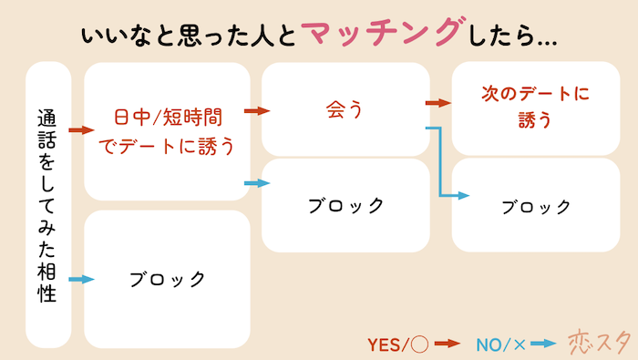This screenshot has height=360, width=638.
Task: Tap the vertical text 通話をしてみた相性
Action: pyautogui.click(x=48, y=205)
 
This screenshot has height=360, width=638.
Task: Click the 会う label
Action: pyautogui.click(x=345, y=110)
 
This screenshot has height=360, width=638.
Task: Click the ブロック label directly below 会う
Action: pyautogui.click(x=345, y=204)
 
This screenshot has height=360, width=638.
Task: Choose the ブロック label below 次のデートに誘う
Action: pyautogui.click(x=536, y=206)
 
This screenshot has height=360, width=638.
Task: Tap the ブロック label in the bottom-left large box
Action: pyautogui.click(x=167, y=278)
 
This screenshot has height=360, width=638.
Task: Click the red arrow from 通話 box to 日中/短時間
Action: pyautogui.click(x=82, y=131)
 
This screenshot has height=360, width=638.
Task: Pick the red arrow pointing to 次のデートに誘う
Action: pyautogui.click(x=439, y=103)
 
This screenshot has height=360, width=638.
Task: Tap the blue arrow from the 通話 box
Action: pyautogui.click(x=82, y=279)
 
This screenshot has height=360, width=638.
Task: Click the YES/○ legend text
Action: pyautogui.click(x=397, y=344)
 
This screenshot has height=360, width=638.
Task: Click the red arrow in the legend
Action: pyautogui.click(x=446, y=344)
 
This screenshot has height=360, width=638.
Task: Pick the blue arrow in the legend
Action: pyautogui.click(x=543, y=344)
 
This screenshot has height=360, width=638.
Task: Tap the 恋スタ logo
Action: pyautogui.click(x=599, y=341)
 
